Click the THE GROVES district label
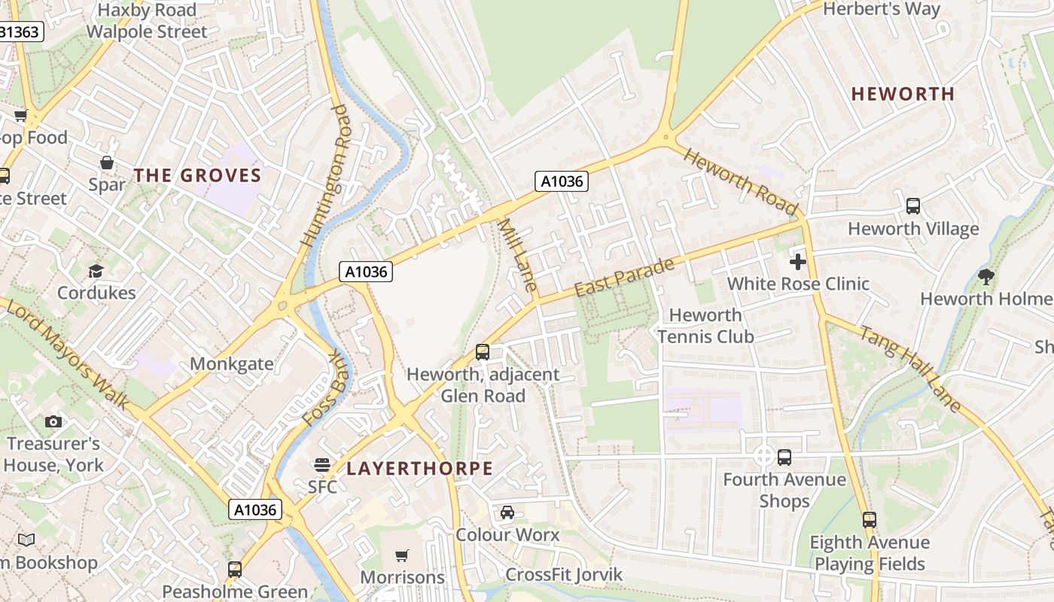(197, 176)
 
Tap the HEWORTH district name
(903, 94)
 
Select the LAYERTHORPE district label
(419, 469)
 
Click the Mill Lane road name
(518, 255)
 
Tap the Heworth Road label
(741, 181)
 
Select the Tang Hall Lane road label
(910, 369)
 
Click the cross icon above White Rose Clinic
(798, 262)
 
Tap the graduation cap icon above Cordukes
(96, 271)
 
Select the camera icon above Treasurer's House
(53, 421)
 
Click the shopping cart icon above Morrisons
(402, 555)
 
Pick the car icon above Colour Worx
(507, 512)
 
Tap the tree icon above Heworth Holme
(985, 276)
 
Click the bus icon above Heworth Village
(913, 206)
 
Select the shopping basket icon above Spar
(107, 163)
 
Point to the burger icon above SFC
(322, 465)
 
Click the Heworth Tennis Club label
(705, 326)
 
